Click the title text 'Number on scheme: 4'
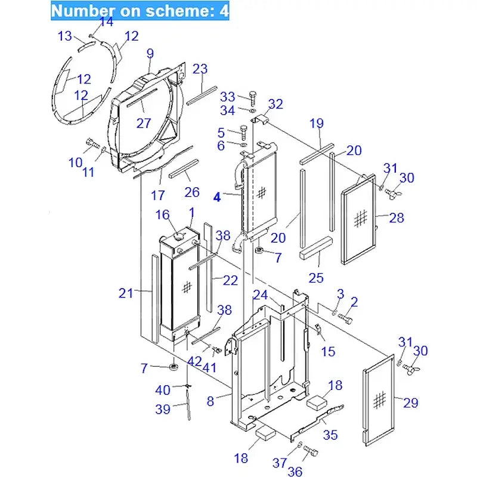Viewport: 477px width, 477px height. click(x=139, y=11)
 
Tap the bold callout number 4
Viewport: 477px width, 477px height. click(x=218, y=197)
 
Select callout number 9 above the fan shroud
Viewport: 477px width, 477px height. click(x=150, y=54)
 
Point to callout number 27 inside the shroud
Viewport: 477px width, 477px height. click(x=144, y=123)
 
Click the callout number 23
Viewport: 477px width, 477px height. click(x=200, y=69)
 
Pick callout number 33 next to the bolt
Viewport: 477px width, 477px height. click(x=228, y=97)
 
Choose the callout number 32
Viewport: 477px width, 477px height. click(x=275, y=104)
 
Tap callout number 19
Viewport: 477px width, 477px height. click(x=317, y=123)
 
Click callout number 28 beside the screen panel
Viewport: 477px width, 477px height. click(x=397, y=218)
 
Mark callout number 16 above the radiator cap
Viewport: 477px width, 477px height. click(x=163, y=215)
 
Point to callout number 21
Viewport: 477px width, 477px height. click(x=126, y=293)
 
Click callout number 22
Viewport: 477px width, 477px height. click(x=230, y=280)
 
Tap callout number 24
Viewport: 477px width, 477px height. click(x=260, y=294)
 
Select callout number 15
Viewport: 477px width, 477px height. click(x=328, y=352)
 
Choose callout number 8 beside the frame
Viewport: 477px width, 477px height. click(x=210, y=401)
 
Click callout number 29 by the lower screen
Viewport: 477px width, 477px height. click(x=411, y=404)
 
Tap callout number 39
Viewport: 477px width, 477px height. click(x=163, y=409)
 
